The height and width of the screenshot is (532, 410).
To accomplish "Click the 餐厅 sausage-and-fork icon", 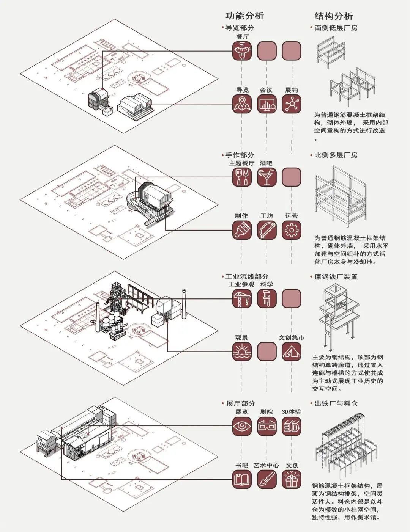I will click(242, 51).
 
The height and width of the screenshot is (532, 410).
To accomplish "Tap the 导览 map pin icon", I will click(242, 104).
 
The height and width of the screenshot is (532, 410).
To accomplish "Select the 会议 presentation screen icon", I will click(267, 104).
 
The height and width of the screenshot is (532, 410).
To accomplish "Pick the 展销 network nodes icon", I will click(292, 104).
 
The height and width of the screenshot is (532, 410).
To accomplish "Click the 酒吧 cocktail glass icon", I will click(267, 177).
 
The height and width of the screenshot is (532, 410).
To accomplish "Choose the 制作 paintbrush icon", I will click(242, 230).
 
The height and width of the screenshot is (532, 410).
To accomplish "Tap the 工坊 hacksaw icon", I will click(267, 230).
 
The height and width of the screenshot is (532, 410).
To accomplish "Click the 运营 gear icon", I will click(292, 230).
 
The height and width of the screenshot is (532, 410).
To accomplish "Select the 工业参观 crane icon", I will click(242, 298).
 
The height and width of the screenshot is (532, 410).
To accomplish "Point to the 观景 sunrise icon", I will click(242, 352).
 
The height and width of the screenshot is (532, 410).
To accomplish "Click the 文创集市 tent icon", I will click(292, 352).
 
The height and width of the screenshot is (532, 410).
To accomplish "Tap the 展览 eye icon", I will click(242, 426).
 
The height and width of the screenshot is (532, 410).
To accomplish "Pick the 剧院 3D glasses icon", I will click(267, 426).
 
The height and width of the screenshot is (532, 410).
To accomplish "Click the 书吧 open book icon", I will click(242, 479).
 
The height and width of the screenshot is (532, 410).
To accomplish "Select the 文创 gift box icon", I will click(292, 479).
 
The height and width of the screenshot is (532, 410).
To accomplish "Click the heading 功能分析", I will click(244, 16).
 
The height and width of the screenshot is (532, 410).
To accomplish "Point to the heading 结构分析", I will click(334, 16).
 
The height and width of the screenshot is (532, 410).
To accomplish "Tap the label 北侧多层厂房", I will click(336, 155).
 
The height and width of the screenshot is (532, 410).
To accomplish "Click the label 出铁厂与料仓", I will click(336, 403).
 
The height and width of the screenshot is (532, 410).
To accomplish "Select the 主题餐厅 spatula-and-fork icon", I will click(242, 177).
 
